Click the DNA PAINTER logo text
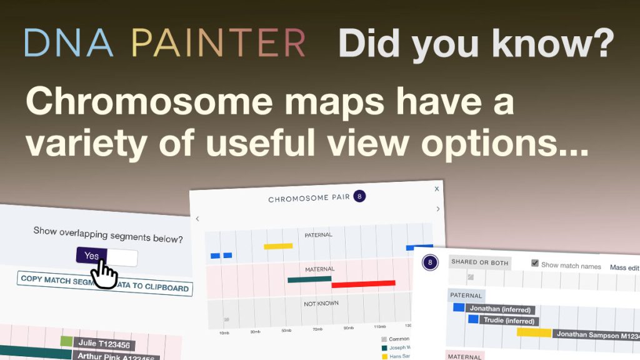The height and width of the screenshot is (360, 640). (165, 42)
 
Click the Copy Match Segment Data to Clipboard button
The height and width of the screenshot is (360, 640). (105, 284)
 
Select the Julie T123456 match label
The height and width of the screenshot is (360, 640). (104, 344)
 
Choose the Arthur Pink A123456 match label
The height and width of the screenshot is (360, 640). (116, 356)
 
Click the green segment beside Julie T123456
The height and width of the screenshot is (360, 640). (67, 342)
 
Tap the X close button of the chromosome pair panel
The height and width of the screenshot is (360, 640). (436, 189)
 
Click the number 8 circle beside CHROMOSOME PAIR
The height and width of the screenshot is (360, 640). (359, 197)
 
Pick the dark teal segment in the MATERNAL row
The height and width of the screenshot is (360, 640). (309, 279)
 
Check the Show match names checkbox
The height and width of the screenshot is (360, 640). (534, 264)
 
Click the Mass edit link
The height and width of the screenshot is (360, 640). (624, 267)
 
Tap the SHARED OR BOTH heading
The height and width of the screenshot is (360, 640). (479, 263)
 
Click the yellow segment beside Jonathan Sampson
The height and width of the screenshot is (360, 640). (534, 332)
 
